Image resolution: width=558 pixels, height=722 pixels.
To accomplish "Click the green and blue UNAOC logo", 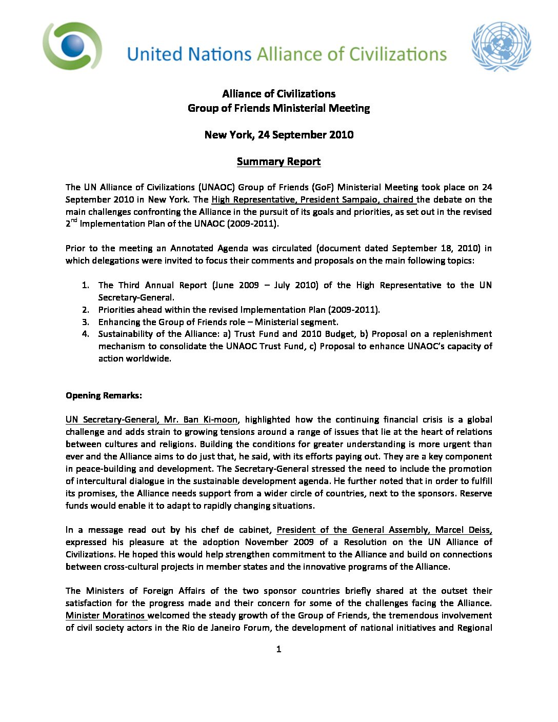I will click(x=72, y=46).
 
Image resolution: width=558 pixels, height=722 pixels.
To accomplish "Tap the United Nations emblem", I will click(x=501, y=46).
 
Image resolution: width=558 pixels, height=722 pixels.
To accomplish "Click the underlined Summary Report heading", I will click(x=278, y=162).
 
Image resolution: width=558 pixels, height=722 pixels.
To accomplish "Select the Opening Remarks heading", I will click(x=104, y=395).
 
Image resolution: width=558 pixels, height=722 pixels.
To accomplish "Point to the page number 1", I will click(x=278, y=649).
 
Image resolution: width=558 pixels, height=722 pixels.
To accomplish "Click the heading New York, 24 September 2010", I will click(x=278, y=135).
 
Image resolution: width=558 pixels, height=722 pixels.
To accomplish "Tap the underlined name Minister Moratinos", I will click(x=105, y=615).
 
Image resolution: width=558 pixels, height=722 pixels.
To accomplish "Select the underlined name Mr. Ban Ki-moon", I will click(x=201, y=419).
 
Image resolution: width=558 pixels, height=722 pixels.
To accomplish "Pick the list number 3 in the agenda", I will click(x=86, y=322).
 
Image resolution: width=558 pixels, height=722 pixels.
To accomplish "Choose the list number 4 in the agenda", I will click(x=86, y=334).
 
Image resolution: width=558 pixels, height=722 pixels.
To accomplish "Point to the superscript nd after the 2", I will click(x=74, y=220).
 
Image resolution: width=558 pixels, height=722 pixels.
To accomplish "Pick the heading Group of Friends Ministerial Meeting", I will click(x=278, y=108).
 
